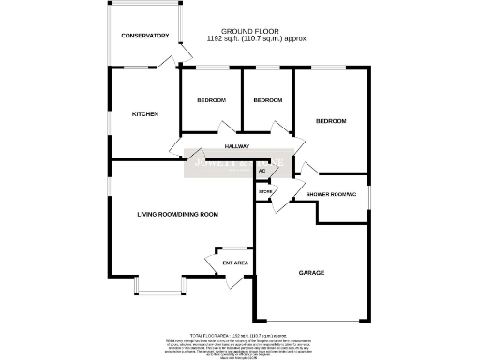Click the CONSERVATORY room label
tap(145, 36)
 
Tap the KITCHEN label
tap(144, 113)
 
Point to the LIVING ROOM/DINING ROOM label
tap(177, 215)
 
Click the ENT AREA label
tap(234, 262)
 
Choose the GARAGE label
tap(311, 273)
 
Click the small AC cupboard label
tap(262, 172)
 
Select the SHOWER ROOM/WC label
tap(331, 194)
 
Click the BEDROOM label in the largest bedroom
tap(331, 121)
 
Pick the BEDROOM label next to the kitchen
tap(211, 100)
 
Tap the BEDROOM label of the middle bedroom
tap(268, 100)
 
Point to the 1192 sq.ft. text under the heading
tap(257, 39)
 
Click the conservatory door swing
tap(169, 62)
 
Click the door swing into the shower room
tap(309, 170)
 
